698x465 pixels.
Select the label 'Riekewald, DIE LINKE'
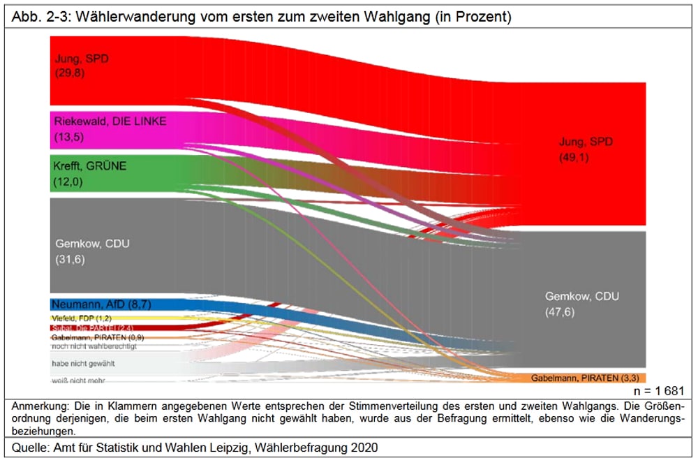click(x=110, y=121)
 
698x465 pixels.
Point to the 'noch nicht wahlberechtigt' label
click(x=94, y=346)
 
